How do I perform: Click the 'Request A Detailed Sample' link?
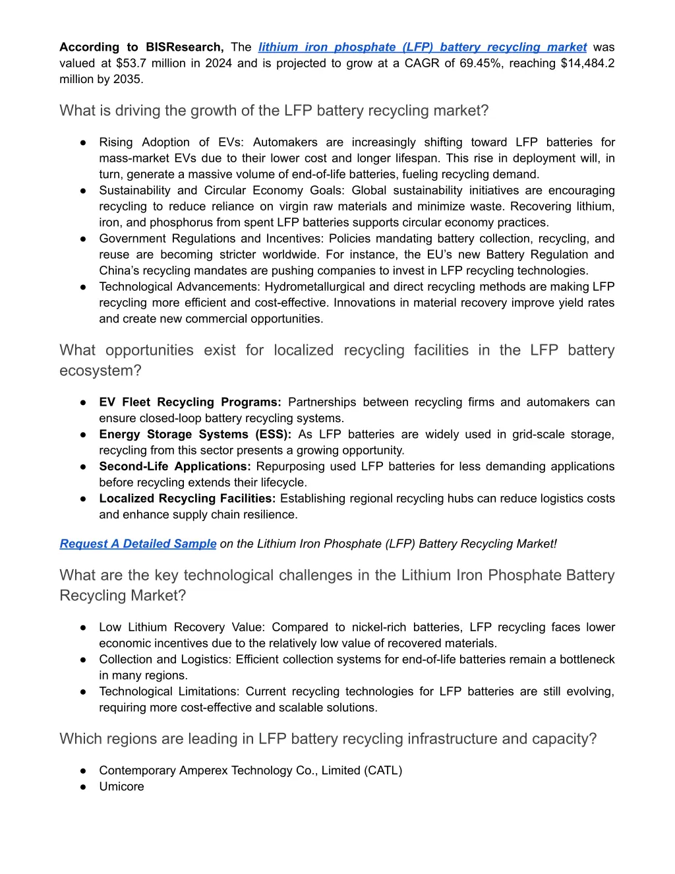pyautogui.click(x=138, y=544)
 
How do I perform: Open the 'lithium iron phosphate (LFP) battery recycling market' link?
pyautogui.click(x=422, y=47)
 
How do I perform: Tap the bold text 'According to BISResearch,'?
pyautogui.click(x=141, y=47)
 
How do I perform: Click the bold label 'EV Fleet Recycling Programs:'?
pyautogui.click(x=190, y=402)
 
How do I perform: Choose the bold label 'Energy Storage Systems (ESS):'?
pyautogui.click(x=195, y=435)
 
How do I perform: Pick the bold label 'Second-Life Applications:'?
pyautogui.click(x=175, y=466)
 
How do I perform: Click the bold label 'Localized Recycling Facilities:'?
pyautogui.click(x=187, y=499)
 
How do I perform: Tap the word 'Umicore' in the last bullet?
pyautogui.click(x=121, y=786)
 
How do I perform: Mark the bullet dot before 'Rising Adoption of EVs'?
pyautogui.click(x=84, y=142)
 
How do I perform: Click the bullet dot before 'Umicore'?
pyautogui.click(x=84, y=787)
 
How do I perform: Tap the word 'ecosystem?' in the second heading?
pyautogui.click(x=100, y=371)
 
